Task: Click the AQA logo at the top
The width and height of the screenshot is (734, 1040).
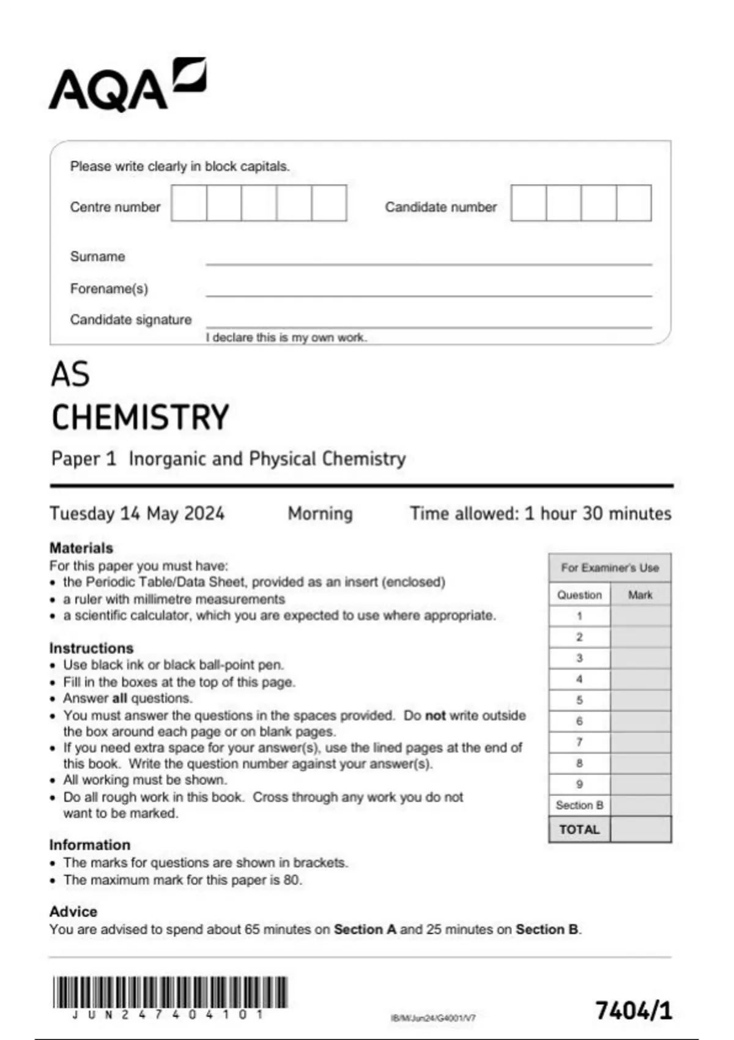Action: [x=127, y=86]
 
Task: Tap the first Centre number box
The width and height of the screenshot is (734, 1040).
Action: [x=189, y=203]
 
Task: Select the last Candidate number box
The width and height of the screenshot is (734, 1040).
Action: [x=634, y=203]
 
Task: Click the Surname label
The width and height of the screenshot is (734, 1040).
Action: [x=97, y=256]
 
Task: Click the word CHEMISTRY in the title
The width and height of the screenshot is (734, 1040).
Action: [x=140, y=417]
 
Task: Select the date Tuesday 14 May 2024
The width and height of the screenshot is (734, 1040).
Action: [x=137, y=513]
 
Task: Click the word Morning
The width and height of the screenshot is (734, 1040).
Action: [x=321, y=513]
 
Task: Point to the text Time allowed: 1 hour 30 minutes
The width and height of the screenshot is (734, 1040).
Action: [x=540, y=513]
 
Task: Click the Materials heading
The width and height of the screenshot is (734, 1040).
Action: [x=81, y=548]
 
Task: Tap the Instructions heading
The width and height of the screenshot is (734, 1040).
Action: [x=91, y=648]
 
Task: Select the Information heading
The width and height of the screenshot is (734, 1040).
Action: [x=90, y=845]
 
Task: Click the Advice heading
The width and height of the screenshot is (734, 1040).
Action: [x=73, y=912]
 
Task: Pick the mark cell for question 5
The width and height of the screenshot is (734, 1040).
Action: [x=640, y=700]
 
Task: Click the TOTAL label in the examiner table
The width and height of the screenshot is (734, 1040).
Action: [x=579, y=830]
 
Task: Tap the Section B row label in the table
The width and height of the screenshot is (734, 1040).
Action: [x=579, y=805]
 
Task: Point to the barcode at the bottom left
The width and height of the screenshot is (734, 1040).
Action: [x=169, y=992]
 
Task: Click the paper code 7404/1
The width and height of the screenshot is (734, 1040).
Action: [x=634, y=1011]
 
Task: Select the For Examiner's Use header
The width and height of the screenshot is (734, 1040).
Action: [x=610, y=568]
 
